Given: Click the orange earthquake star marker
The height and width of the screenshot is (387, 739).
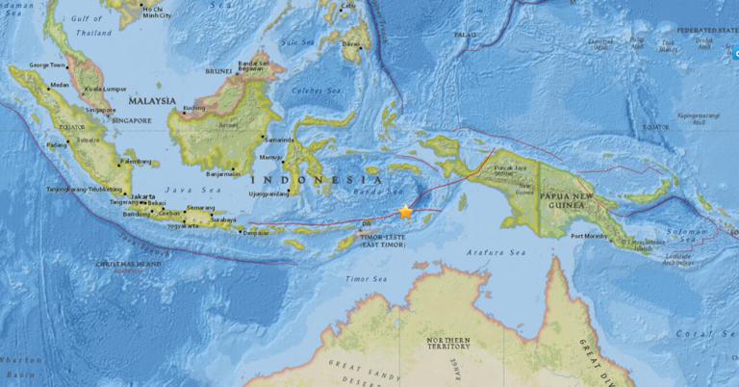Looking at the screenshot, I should [x=405, y=211].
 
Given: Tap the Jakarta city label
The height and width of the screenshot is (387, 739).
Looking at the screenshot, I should [x=143, y=195].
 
